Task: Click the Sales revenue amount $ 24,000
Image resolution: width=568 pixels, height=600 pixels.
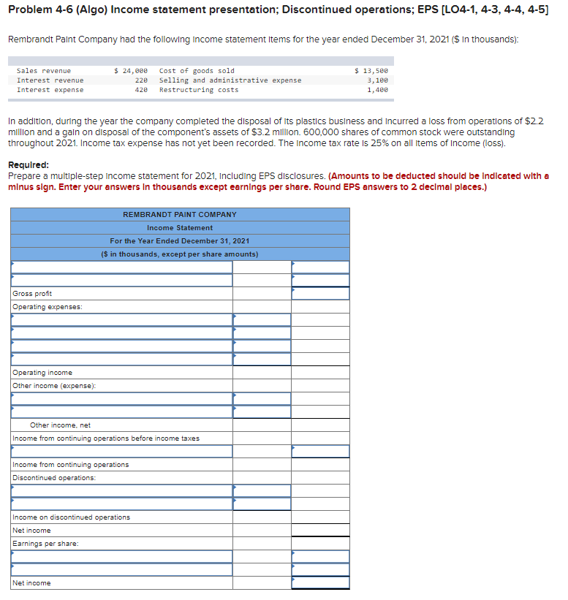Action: point(132,71)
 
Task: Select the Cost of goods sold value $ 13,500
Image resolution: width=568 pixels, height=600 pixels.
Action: point(371,71)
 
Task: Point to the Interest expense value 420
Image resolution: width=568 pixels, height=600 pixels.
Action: point(141,90)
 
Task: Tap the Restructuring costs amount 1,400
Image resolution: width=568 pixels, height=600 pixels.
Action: point(377,90)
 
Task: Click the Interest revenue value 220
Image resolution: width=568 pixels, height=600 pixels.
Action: point(141,80)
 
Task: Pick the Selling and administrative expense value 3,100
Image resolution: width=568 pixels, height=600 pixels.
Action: point(377,80)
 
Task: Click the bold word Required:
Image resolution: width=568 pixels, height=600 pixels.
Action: point(29,165)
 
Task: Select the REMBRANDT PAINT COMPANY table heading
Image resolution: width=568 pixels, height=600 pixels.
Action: point(179,214)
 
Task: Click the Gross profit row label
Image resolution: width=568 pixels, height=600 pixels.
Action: point(32,294)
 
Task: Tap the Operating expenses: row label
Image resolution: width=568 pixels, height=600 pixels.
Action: point(48,307)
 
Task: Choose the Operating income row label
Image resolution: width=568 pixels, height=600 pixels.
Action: point(42,373)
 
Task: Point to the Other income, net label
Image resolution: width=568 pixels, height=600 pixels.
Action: point(60,425)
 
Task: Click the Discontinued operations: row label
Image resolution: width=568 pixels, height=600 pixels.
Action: point(54,478)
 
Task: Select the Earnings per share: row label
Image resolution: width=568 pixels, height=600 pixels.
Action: point(45,544)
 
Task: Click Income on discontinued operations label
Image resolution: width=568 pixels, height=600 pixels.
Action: point(71,517)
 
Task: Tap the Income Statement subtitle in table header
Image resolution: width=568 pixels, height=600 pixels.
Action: point(179,227)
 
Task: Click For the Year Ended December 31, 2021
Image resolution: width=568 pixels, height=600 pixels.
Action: point(179,240)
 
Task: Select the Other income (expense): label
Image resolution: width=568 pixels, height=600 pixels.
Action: point(54,386)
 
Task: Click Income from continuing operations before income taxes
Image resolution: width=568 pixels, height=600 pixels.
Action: point(105,438)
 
